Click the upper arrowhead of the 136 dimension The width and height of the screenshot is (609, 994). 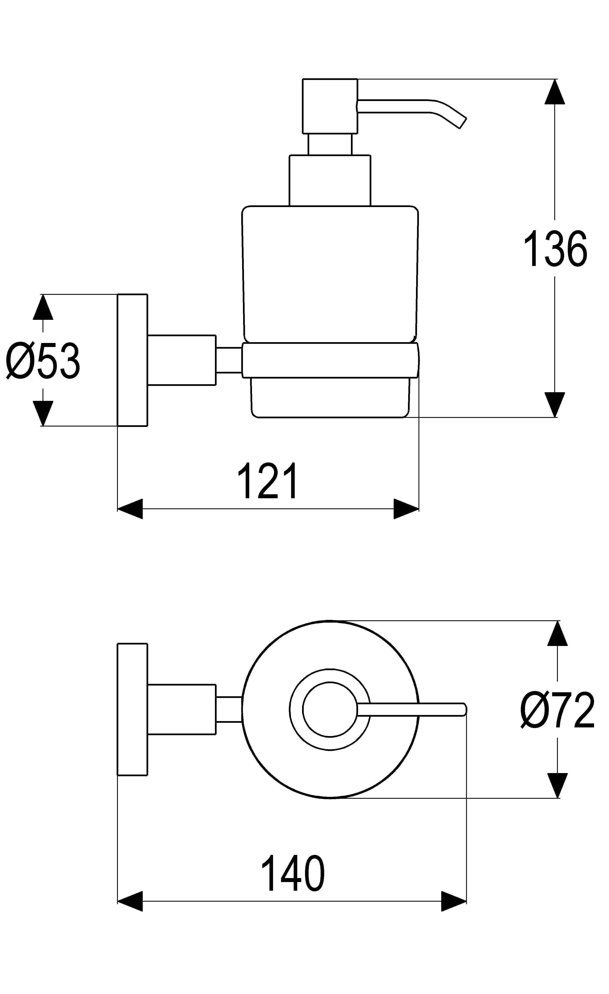coord(554,92)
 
